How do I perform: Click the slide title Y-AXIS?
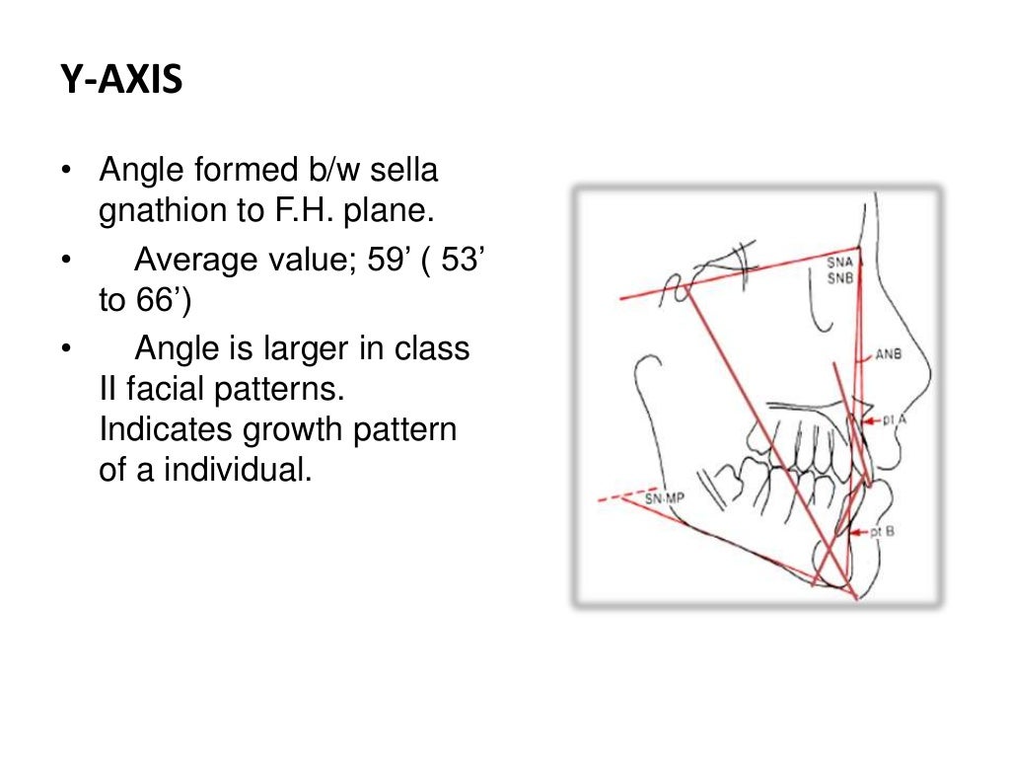pos(121,80)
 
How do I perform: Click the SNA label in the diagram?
pos(839,264)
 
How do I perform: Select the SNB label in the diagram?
pos(839,278)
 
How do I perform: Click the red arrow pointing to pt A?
pos(870,420)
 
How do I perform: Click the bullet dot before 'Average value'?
pos(65,262)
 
